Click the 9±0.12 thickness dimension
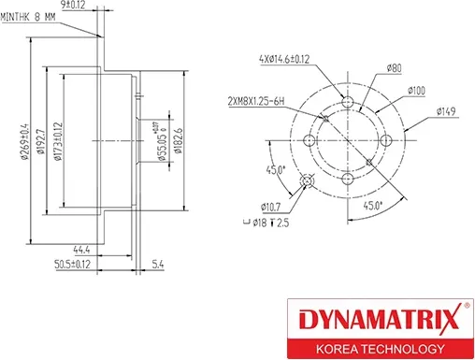(98, 6)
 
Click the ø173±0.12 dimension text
(57, 142)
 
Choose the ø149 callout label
(449, 111)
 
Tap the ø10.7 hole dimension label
(273, 204)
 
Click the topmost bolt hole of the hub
(347, 102)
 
